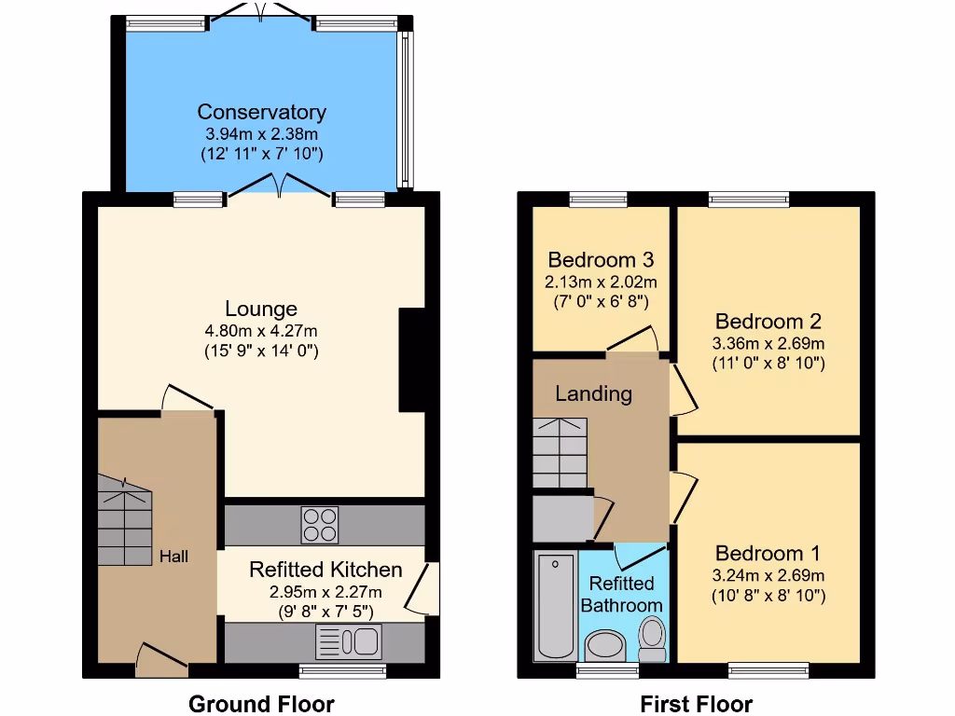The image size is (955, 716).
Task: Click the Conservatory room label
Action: (x=261, y=112)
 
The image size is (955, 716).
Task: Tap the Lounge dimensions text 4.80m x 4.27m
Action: (x=261, y=330)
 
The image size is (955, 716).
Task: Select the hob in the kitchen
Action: (x=319, y=524)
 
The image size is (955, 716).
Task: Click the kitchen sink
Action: (x=348, y=641)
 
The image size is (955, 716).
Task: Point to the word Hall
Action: (x=173, y=557)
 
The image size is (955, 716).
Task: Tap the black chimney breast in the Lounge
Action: (x=412, y=360)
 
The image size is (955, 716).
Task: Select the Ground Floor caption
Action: (x=261, y=704)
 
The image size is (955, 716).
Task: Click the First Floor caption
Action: (x=696, y=704)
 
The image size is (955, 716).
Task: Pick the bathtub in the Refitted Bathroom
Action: (x=555, y=604)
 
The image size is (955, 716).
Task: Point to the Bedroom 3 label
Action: (x=600, y=259)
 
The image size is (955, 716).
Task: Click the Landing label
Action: (x=593, y=393)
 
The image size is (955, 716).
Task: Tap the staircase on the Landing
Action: (x=561, y=452)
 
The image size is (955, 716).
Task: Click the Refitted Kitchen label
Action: (x=325, y=570)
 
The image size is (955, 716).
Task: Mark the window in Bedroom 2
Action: (x=749, y=198)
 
